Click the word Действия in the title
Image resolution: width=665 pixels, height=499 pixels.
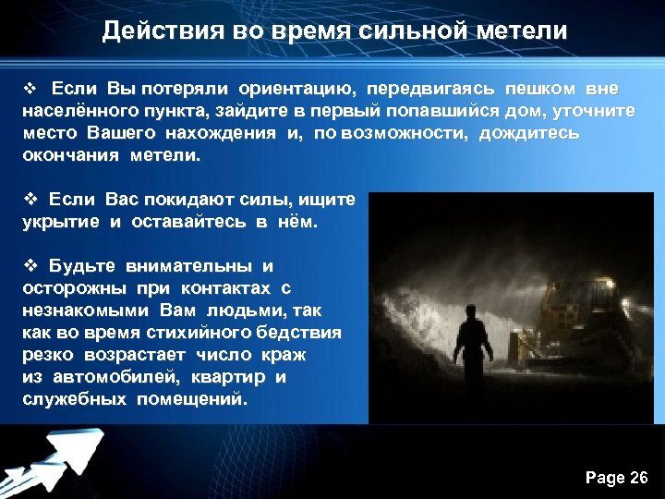point(149,30)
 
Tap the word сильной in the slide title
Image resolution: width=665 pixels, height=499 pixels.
point(399,30)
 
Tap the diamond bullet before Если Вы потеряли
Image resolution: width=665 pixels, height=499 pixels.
point(28,89)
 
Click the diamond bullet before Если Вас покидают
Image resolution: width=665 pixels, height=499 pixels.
point(28,200)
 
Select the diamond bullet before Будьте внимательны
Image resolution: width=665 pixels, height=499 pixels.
point(28,266)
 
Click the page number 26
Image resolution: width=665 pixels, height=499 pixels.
point(637,477)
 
